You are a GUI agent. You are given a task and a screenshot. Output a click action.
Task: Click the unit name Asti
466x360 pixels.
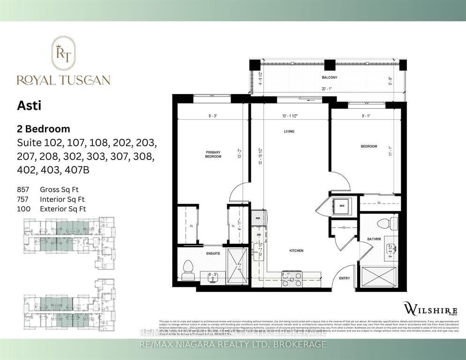[x=29, y=106]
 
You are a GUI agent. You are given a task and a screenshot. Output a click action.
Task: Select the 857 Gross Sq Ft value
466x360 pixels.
[x=23, y=189]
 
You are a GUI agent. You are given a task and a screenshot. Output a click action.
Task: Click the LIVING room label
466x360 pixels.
[x=289, y=131]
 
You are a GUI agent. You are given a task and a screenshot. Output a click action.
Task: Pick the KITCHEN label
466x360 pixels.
[x=296, y=251]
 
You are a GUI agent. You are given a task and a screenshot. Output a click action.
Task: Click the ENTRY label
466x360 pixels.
[x=345, y=278]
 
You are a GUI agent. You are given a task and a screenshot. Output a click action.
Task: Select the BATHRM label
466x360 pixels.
[x=374, y=239]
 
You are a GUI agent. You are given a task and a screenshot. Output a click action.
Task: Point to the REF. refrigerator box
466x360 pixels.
[x=258, y=218]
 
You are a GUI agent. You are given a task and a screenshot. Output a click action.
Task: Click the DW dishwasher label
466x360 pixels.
[x=258, y=234]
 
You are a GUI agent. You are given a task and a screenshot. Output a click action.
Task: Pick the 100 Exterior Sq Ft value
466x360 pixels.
[x=23, y=209]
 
